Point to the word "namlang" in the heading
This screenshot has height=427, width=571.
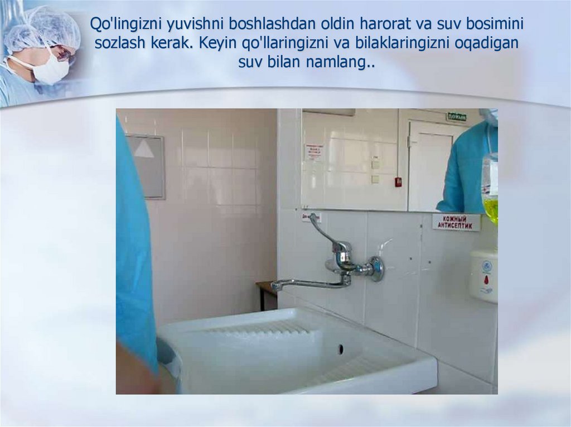click(337, 62)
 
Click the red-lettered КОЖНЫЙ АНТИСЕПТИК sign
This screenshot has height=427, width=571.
click(456, 222)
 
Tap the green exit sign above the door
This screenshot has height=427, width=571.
click(456, 116)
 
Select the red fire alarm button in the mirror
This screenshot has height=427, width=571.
click(398, 181)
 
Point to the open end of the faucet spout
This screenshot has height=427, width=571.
click(275, 286)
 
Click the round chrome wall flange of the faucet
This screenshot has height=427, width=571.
click(378, 268)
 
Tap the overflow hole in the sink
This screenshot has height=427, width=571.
click(340, 349)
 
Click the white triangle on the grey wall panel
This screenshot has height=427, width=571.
click(144, 148)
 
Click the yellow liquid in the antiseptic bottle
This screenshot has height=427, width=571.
click(490, 210)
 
